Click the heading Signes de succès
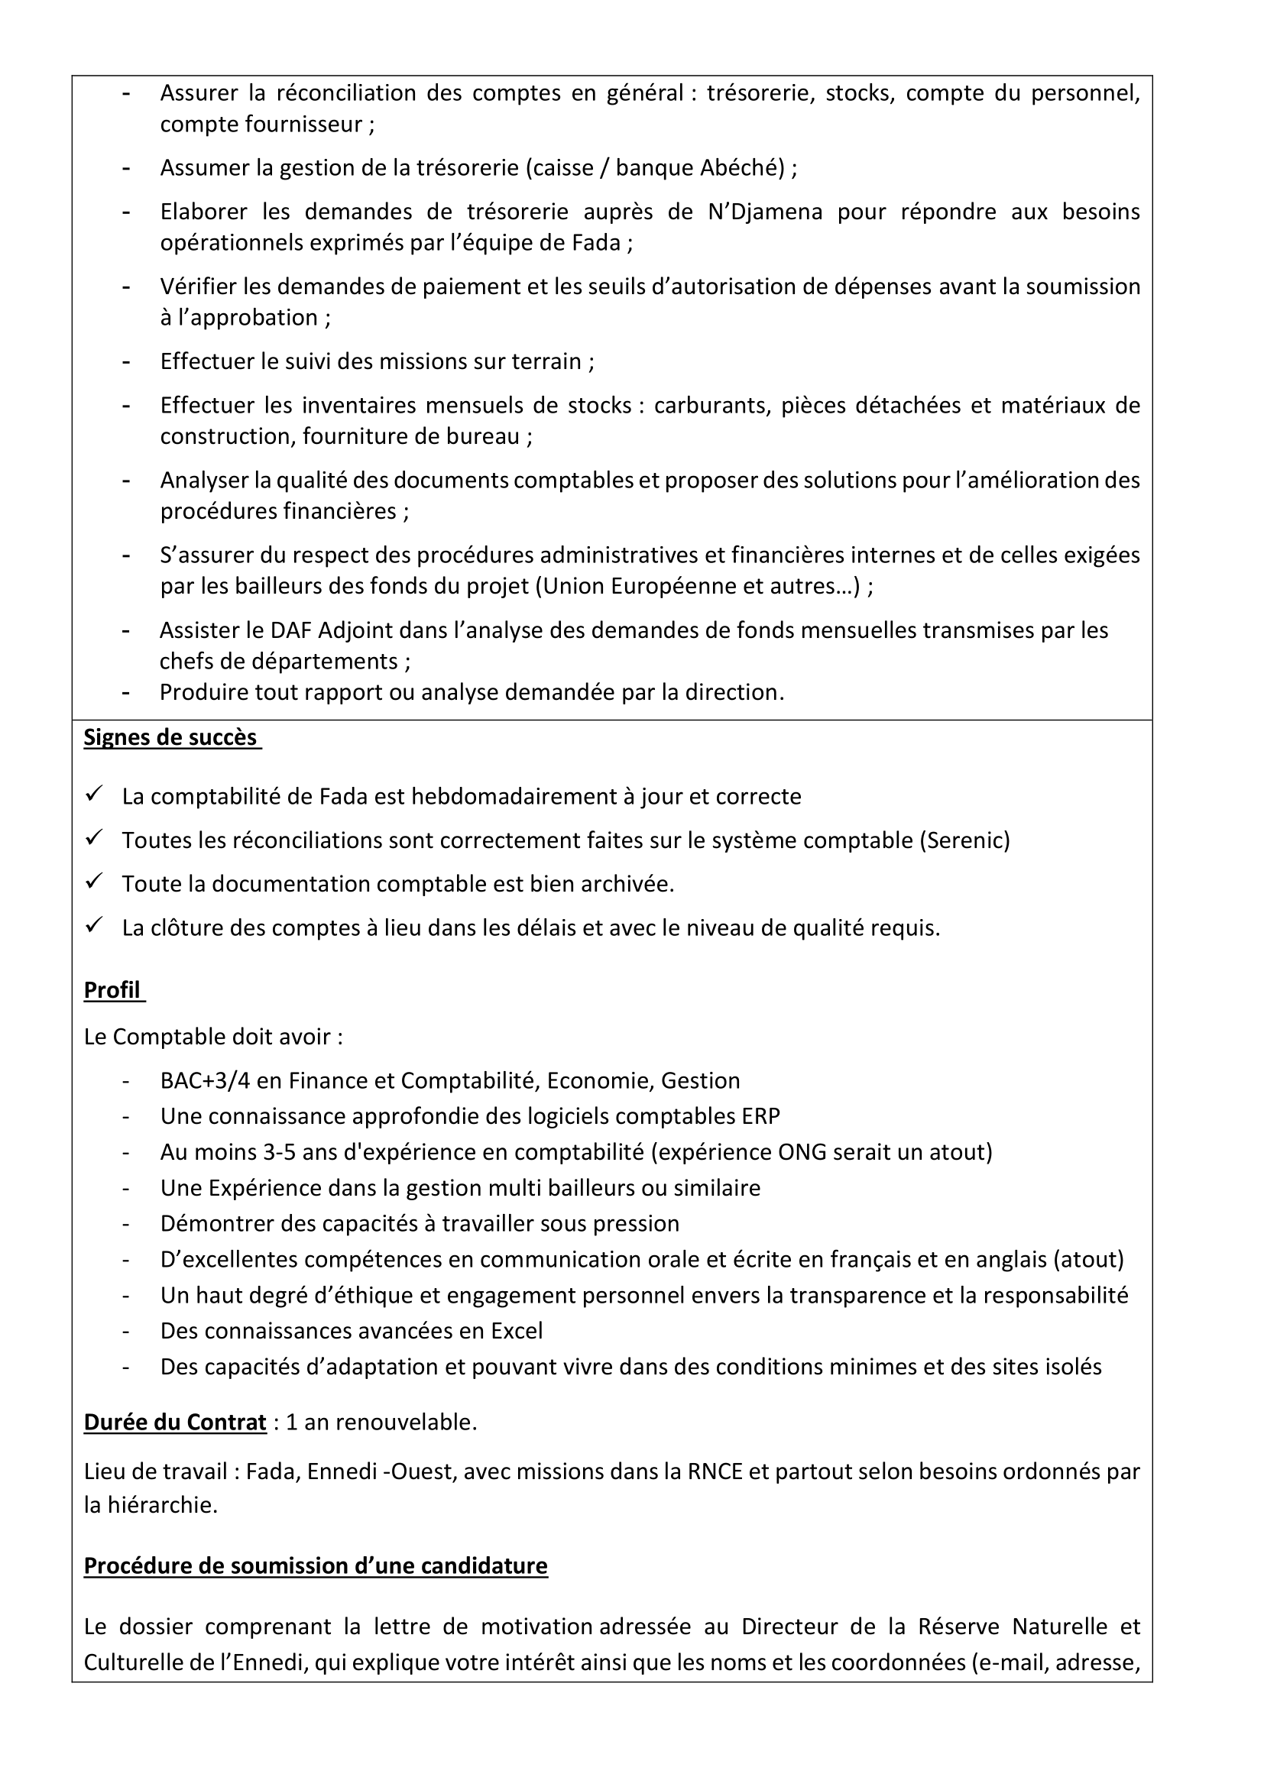[170, 737]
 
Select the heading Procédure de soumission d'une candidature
[315, 1565]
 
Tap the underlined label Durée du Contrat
[175, 1422]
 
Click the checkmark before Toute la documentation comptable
[94, 882]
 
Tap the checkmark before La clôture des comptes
[94, 925]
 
